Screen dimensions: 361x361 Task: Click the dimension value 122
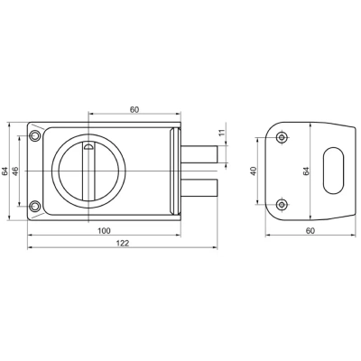point(123,243)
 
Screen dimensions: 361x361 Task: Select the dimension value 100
point(104,231)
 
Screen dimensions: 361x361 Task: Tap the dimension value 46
point(15,171)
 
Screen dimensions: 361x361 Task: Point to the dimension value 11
point(222,133)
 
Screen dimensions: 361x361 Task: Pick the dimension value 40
point(254,171)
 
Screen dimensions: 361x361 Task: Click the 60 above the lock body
point(134,110)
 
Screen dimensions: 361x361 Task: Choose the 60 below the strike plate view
point(310,231)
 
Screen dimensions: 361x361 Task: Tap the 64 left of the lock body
point(5,171)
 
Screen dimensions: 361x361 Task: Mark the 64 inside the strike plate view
point(306,171)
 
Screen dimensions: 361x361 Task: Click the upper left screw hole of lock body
point(35,136)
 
